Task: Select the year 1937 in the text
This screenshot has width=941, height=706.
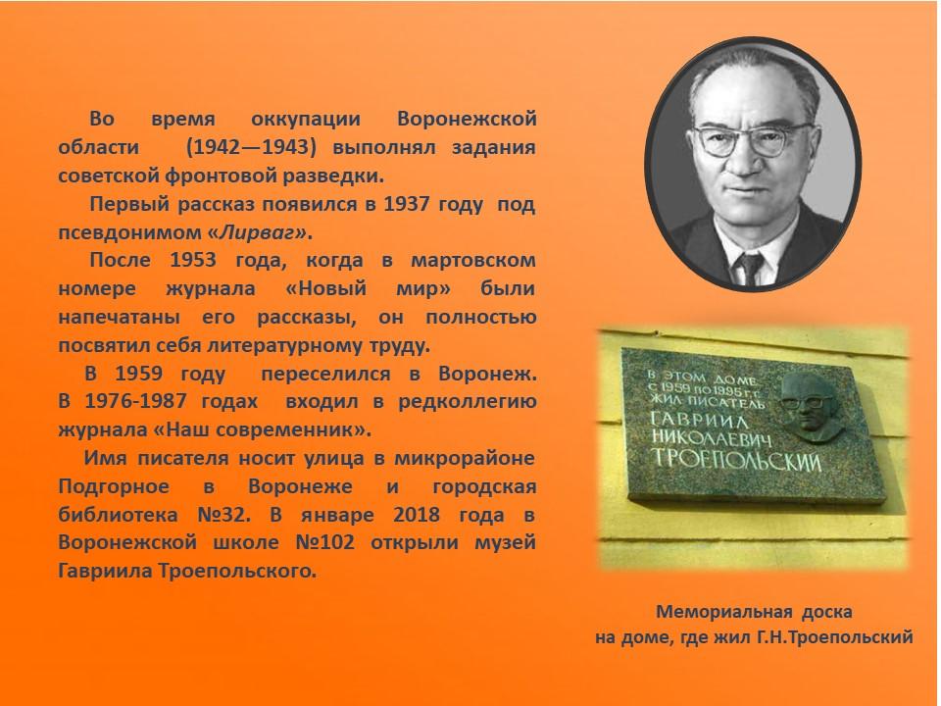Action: (x=406, y=204)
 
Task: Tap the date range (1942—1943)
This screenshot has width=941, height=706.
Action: (x=251, y=147)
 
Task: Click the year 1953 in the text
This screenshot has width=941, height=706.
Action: (x=193, y=260)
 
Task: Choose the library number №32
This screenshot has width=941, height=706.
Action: (x=223, y=515)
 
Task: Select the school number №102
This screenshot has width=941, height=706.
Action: (x=324, y=542)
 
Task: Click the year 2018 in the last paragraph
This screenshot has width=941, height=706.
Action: (x=417, y=515)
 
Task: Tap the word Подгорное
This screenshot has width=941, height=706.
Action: (x=114, y=487)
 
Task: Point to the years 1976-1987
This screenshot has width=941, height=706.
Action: (x=135, y=401)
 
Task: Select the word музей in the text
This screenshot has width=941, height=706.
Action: (x=506, y=543)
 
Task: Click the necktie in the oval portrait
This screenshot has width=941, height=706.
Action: (x=750, y=268)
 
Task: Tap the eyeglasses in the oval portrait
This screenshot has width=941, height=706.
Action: (x=753, y=139)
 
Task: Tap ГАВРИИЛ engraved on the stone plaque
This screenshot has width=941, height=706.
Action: (x=699, y=419)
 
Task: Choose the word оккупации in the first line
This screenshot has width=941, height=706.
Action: (x=306, y=120)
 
